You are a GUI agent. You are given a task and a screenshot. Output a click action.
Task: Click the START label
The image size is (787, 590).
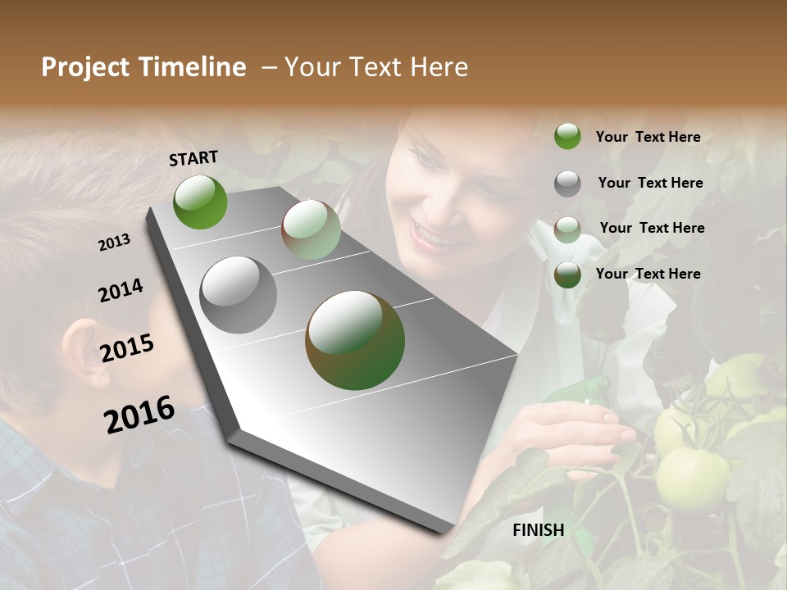(x=193, y=157)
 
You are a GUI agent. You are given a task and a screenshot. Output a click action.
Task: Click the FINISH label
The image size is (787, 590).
(x=538, y=530)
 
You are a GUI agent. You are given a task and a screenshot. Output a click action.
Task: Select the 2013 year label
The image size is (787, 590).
(x=115, y=242)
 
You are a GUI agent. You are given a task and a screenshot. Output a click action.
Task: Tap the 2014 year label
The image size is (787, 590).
(x=121, y=290)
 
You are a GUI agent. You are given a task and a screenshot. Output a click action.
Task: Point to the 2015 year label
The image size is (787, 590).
(x=127, y=348)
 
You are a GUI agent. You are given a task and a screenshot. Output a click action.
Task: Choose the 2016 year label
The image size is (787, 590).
(x=139, y=414)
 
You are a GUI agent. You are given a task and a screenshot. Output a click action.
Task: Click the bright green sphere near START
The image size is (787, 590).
(x=200, y=202)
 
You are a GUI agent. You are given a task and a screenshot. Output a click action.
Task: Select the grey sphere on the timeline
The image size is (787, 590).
(x=239, y=295)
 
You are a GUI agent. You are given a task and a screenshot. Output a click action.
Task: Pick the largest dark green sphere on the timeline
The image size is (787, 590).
(x=355, y=340)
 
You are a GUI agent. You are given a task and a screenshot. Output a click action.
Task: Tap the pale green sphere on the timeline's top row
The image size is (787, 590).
(x=311, y=229)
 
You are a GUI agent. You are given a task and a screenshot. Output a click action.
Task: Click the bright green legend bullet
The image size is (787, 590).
(x=567, y=136)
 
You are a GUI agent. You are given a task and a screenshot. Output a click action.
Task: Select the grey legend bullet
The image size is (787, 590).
(x=567, y=184)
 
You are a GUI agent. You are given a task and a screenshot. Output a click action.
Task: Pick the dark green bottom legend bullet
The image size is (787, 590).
(x=567, y=275)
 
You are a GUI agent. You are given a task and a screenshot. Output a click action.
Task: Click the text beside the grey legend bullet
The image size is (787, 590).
(x=650, y=183)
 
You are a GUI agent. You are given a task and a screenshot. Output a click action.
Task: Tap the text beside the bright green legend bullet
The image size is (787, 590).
(x=648, y=137)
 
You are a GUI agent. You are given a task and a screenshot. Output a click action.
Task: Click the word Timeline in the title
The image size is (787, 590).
(x=193, y=67)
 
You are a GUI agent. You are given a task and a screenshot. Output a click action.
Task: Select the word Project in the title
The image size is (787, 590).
(x=86, y=67)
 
